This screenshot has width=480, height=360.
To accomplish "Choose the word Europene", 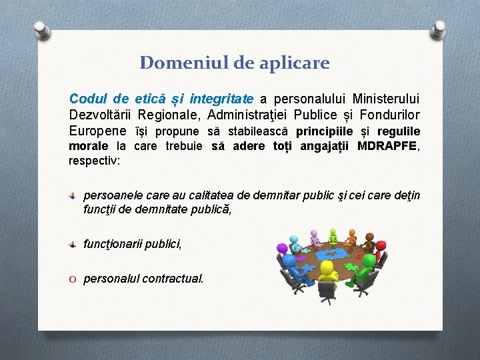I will (97, 131).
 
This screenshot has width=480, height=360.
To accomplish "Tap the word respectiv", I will (91, 161).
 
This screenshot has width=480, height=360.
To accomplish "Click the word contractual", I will (173, 279).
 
